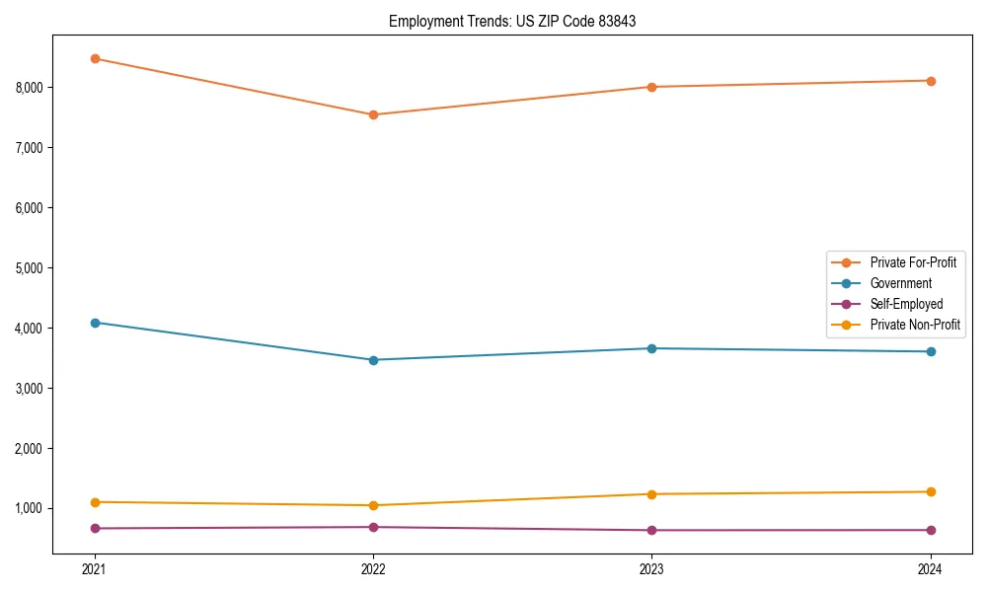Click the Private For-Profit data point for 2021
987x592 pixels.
[95, 58]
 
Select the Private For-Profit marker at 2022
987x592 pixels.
[373, 114]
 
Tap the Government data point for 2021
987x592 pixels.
[95, 323]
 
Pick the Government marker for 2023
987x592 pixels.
[651, 348]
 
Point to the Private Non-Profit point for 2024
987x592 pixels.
[931, 491]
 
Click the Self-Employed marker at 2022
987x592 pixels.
[373, 527]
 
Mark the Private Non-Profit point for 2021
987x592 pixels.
[95, 502]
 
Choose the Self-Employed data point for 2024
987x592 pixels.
[931, 530]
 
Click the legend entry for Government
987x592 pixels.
[900, 283]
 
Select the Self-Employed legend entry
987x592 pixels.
[906, 304]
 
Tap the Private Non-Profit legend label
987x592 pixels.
[915, 325]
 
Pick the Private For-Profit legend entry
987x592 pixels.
[913, 262]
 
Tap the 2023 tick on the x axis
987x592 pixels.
[651, 569]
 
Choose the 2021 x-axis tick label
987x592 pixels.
[95, 569]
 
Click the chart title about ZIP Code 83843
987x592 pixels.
[512, 21]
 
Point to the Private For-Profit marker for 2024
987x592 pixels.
[931, 81]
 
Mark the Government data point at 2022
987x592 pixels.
[373, 360]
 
